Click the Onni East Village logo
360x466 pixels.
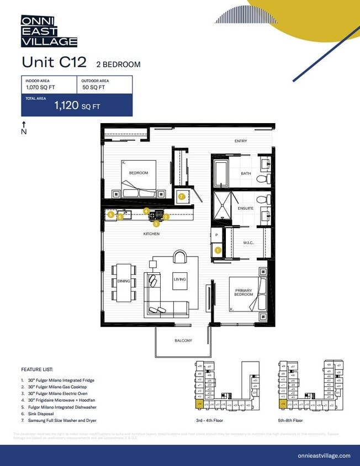(x=49, y=31)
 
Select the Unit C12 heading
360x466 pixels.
(x=54, y=62)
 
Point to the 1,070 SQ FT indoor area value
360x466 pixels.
(x=41, y=87)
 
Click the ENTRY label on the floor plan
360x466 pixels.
(x=240, y=141)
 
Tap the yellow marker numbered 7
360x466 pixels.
(x=181, y=196)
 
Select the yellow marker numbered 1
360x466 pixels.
(x=218, y=250)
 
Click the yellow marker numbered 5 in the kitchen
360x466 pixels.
(x=111, y=214)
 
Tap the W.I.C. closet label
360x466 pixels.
(x=248, y=242)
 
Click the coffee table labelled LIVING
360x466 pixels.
(x=179, y=279)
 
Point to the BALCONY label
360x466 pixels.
(x=183, y=341)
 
